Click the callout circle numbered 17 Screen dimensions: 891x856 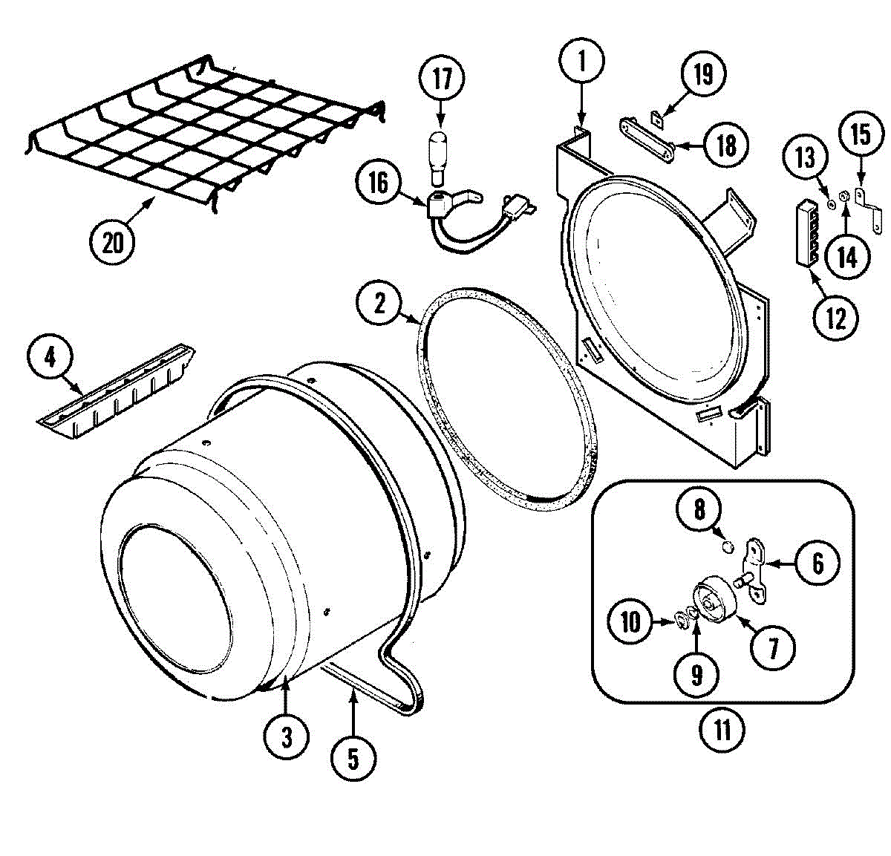[442, 78]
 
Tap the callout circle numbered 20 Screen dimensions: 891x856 [113, 241]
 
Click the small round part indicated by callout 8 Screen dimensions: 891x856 [728, 547]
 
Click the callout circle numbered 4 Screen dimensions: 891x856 [50, 358]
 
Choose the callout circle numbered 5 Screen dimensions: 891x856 [353, 758]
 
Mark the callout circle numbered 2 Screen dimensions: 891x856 [380, 302]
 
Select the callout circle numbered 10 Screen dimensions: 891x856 [630, 621]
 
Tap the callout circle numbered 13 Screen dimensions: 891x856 [806, 157]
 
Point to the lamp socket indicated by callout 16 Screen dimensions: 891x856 [444, 203]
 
